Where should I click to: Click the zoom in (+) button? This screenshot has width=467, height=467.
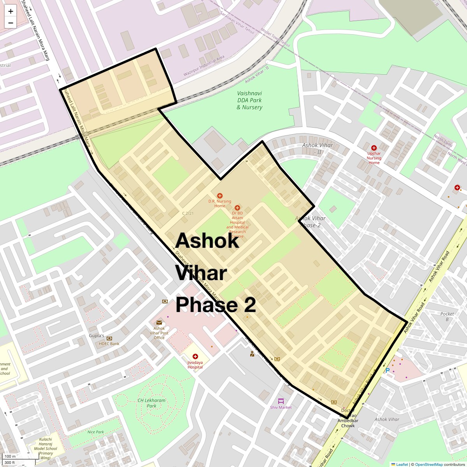(11, 11)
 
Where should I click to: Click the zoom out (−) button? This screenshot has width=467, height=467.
(11, 23)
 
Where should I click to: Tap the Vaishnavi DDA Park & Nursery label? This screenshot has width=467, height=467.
(249, 100)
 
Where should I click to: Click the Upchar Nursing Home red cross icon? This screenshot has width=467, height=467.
(374, 148)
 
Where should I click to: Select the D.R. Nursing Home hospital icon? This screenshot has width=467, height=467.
(220, 196)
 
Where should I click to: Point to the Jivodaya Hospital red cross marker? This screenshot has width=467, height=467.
(195, 356)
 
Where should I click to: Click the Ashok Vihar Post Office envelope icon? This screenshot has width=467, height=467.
(159, 323)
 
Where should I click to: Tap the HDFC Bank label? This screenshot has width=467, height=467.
(109, 344)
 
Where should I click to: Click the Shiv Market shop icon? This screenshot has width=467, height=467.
(281, 401)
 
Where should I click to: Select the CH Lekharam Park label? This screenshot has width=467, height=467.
(151, 403)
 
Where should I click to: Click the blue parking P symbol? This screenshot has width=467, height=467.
(388, 370)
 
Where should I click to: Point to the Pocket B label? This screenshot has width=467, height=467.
(447, 316)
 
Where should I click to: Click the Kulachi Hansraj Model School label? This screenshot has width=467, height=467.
(46, 448)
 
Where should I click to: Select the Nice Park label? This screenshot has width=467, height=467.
(95, 432)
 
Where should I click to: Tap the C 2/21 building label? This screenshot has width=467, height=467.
(188, 213)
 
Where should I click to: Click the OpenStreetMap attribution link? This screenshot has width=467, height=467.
(428, 464)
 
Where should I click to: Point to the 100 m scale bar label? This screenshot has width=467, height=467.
(11, 456)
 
